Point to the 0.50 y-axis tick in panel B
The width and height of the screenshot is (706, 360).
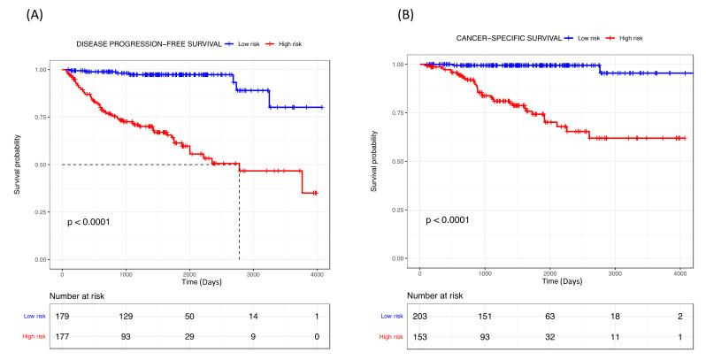click(401, 161)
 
